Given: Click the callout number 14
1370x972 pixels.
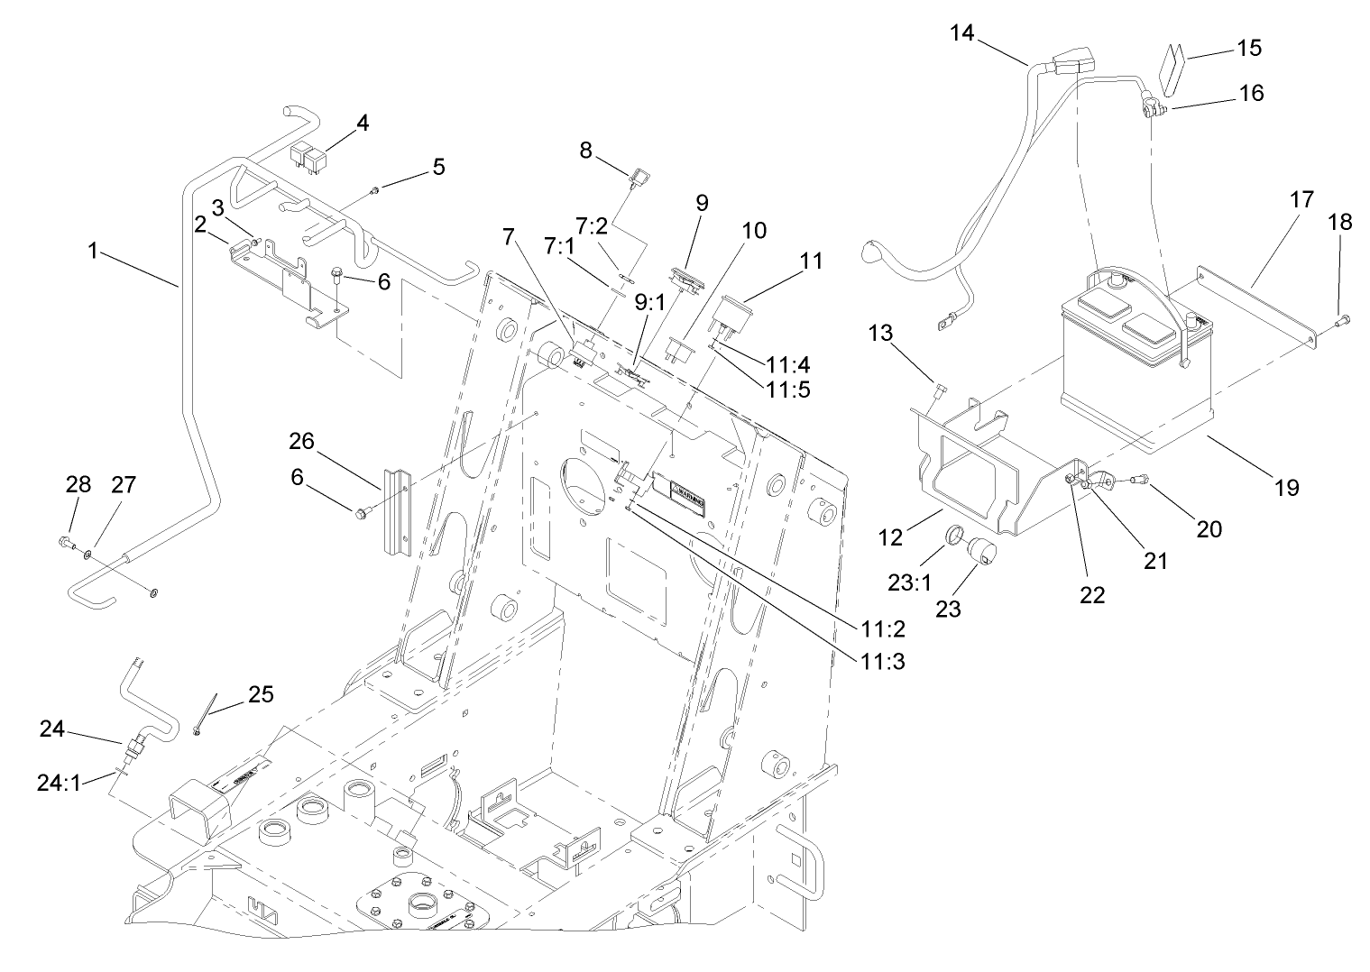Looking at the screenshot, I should [962, 33].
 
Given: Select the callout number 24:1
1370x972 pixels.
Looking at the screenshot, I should [60, 783].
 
